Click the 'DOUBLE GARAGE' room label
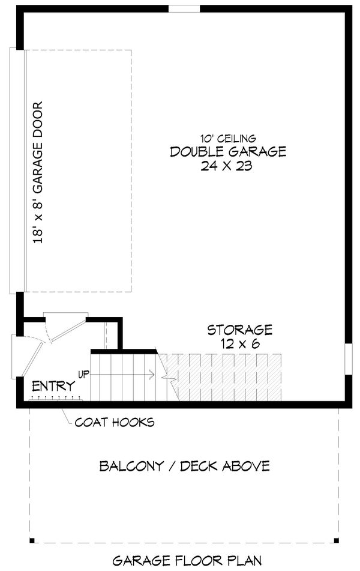tap(227, 152)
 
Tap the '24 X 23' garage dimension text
tap(227, 166)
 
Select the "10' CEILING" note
tap(228, 139)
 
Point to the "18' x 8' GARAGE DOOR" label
tap(39, 172)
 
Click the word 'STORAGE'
tap(240, 330)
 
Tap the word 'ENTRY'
tap(53, 386)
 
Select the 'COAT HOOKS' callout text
tap(114, 422)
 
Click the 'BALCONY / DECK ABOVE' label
tap(184, 466)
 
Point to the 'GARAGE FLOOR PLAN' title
tap(187, 561)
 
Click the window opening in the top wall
tap(184, 9)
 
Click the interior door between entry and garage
tap(66, 327)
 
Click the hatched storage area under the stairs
tap(228, 377)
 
